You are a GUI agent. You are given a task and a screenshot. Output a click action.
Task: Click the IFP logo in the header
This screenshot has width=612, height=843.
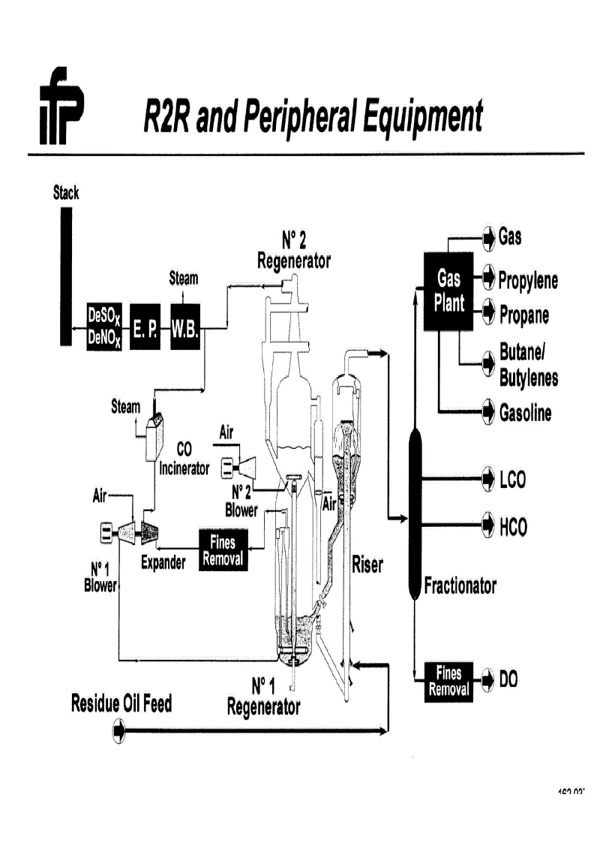[x=62, y=105]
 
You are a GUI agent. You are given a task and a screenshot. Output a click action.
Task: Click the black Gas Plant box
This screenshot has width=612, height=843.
[x=448, y=293]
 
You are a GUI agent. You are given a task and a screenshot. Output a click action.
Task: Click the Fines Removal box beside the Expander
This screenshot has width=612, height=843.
[x=223, y=550]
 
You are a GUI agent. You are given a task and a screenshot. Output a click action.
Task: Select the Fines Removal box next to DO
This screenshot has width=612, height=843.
[x=448, y=681]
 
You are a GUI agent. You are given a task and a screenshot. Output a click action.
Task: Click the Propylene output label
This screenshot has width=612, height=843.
[x=528, y=281]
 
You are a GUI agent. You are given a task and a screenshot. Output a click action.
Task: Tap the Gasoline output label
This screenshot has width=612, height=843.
[x=525, y=413]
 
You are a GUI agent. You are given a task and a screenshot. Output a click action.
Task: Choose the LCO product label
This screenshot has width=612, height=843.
[x=513, y=479]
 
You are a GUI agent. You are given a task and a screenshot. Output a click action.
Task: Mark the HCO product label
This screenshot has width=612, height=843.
[x=514, y=527]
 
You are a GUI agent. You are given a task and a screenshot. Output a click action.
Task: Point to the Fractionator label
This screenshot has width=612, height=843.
[x=460, y=586]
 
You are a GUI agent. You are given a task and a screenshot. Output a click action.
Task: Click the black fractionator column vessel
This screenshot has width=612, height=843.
[x=415, y=510]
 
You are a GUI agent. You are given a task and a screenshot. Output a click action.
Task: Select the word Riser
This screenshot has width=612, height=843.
[x=367, y=565]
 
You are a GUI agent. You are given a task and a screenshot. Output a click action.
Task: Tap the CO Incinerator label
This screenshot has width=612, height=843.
[x=184, y=459]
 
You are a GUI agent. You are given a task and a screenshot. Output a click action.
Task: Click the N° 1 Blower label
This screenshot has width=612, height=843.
[x=100, y=578]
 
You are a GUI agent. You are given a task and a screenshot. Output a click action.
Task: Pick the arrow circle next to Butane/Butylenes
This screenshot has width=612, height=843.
[x=488, y=363]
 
